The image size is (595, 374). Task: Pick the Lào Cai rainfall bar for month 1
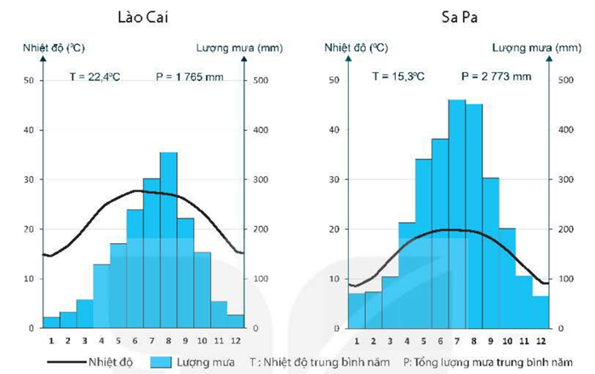click(51, 322)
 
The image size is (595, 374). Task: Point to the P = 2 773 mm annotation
click(496, 76)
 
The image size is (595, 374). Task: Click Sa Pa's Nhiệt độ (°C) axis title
click(355, 48)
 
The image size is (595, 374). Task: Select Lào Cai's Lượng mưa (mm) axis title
click(230, 48)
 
